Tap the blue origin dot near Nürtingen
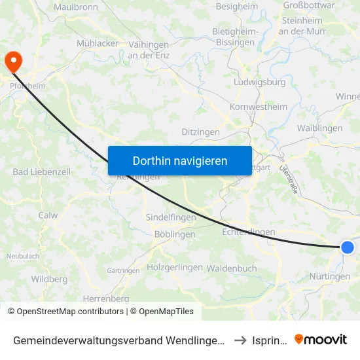[347, 247]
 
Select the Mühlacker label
[98, 43]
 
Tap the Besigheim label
[236, 7]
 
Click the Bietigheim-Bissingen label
[236, 37]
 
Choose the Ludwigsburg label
[259, 82]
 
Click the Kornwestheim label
[259, 107]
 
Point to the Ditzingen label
[200, 132]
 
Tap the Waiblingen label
[319, 128]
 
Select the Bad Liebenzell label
[37, 171]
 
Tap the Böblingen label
[175, 234]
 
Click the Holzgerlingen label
[175, 267]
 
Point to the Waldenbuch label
[232, 268]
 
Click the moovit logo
[321, 339]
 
